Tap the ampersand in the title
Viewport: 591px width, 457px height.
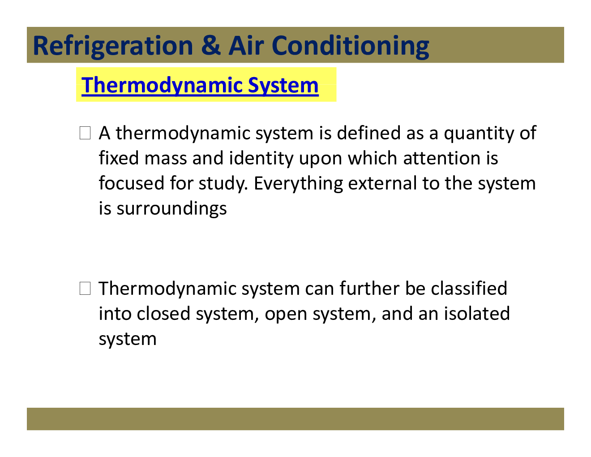[x=210, y=46]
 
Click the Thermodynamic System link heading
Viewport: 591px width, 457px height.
[x=200, y=85]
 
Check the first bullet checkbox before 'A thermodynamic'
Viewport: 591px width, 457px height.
[x=85, y=133]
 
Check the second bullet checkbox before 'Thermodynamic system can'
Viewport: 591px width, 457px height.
[x=85, y=289]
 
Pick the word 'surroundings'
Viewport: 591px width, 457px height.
[x=171, y=209]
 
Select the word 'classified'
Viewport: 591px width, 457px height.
[x=469, y=289]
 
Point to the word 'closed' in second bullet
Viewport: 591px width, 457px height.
[x=163, y=314]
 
